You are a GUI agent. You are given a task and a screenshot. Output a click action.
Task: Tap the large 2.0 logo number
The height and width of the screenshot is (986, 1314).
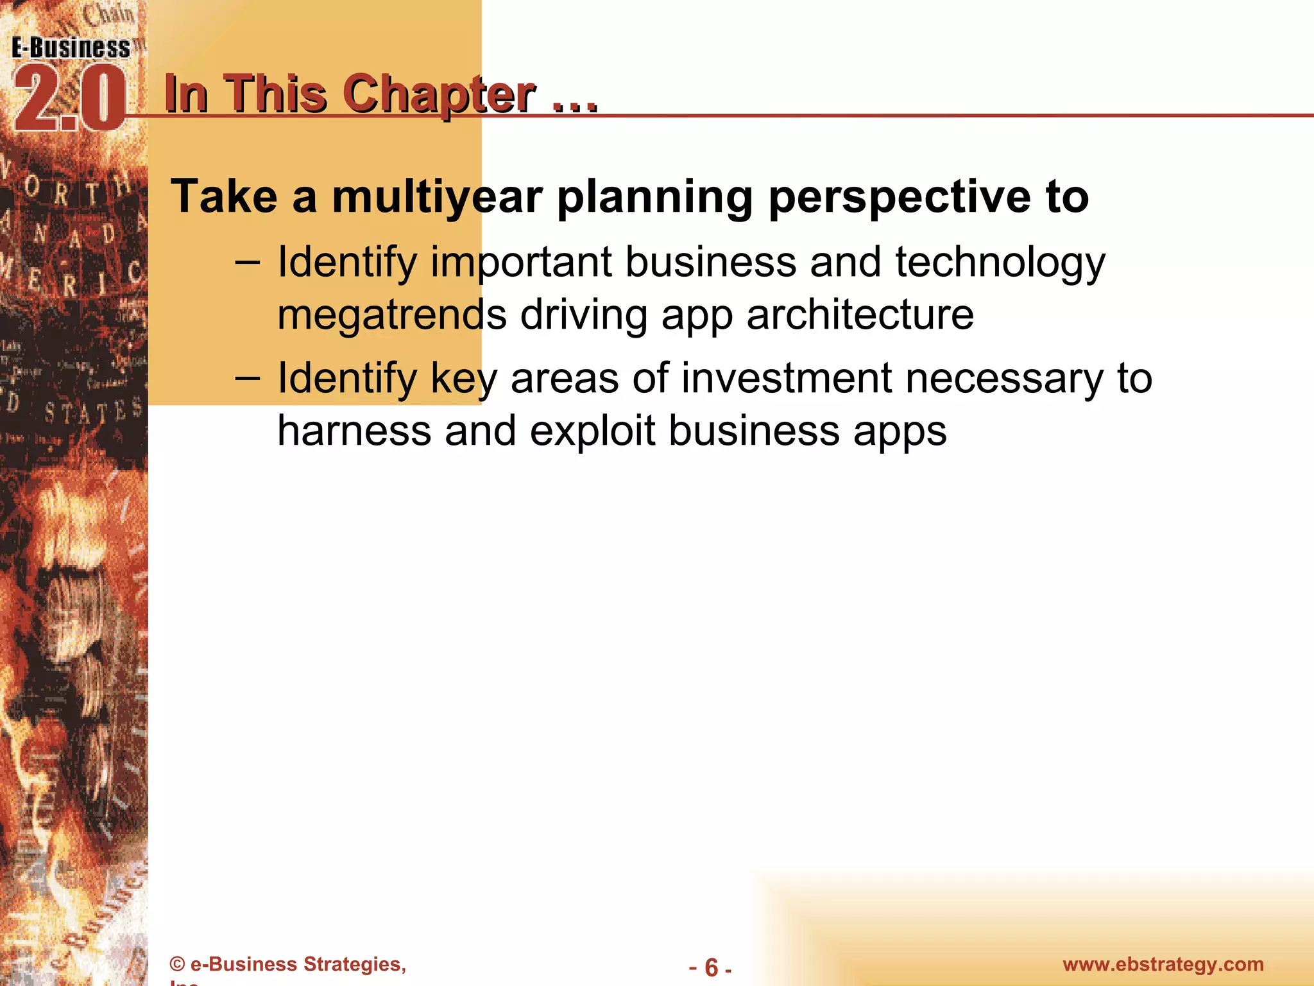pos(69,99)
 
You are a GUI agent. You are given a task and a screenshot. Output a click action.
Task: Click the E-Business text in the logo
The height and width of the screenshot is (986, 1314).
pos(71,48)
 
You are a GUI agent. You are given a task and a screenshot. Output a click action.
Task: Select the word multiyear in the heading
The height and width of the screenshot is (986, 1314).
pos(437,197)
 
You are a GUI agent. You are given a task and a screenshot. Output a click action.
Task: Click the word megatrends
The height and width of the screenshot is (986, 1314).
pos(391,315)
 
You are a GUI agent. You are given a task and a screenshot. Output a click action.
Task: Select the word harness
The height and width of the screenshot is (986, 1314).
pos(354,431)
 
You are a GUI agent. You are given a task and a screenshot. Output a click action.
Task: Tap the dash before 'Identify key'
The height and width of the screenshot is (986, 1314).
pos(248,378)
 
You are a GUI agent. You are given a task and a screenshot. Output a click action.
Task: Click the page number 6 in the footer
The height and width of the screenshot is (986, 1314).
pos(711,967)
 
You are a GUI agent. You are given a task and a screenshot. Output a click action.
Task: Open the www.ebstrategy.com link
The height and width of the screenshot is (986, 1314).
pos(1163,964)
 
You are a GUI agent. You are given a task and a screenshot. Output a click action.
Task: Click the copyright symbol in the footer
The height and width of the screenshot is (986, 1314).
pos(178,965)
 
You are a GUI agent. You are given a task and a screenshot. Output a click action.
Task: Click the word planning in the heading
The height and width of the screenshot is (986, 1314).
pos(655,197)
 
